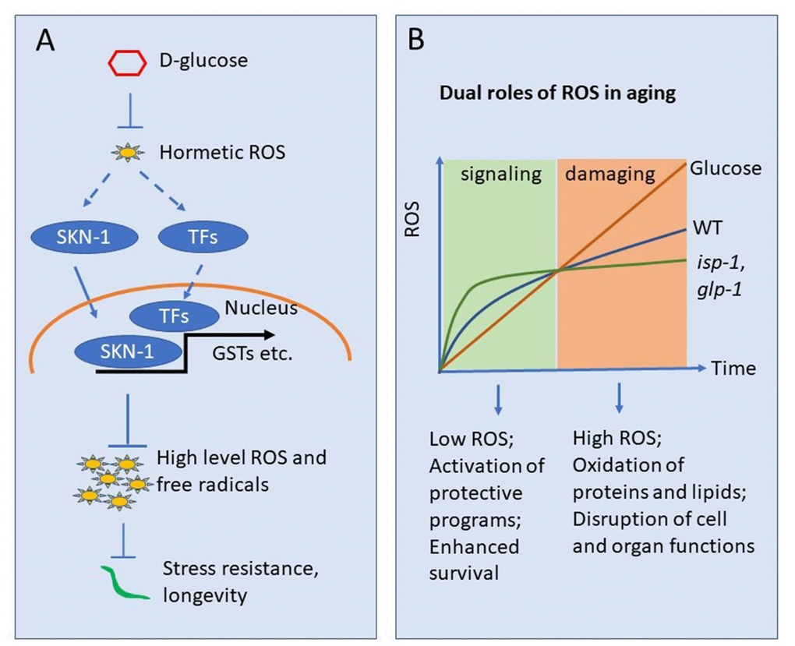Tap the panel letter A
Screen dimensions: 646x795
pos(46,40)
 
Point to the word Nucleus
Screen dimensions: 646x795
pos(260,309)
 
